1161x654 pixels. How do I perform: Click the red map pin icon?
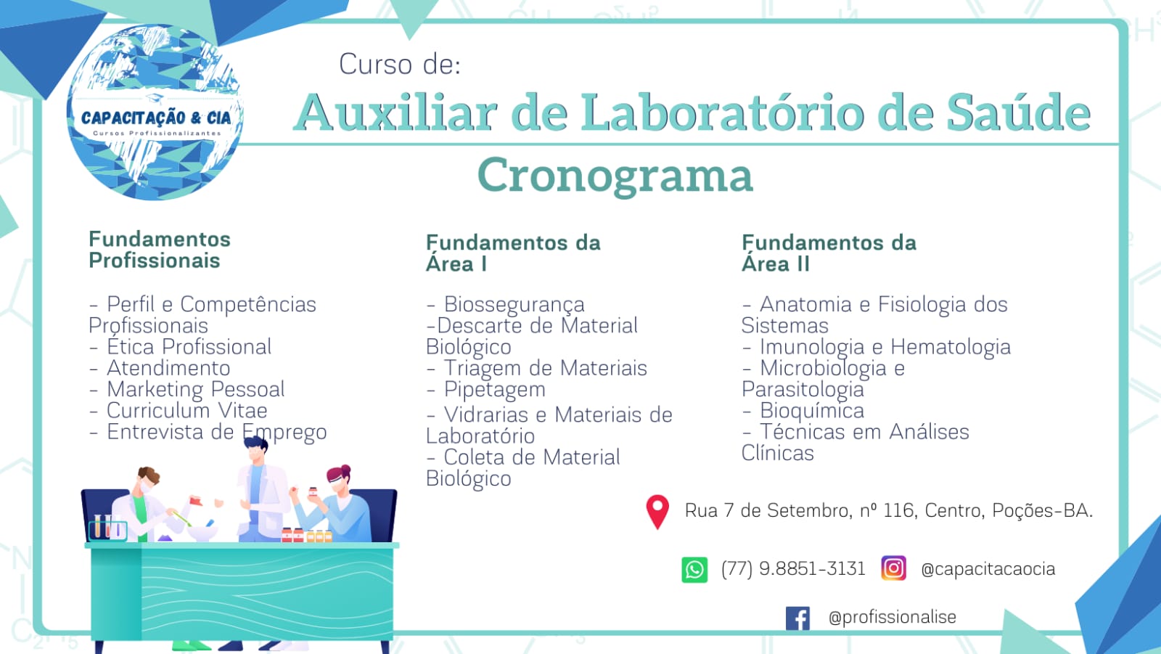pyautogui.click(x=657, y=512)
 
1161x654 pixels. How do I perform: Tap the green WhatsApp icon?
pyautogui.click(x=694, y=570)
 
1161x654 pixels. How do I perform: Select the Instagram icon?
pyautogui.click(x=893, y=568)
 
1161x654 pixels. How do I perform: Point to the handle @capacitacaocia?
pyautogui.click(x=988, y=570)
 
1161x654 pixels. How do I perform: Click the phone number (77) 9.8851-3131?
pyautogui.click(x=793, y=569)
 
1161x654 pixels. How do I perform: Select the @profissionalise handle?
pyautogui.click(x=892, y=617)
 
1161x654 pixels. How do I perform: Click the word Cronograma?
pyautogui.click(x=615, y=176)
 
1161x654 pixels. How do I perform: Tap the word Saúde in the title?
pyautogui.click(x=1019, y=113)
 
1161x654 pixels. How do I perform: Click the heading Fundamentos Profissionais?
pyautogui.click(x=160, y=250)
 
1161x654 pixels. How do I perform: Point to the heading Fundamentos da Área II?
pyautogui.click(x=829, y=253)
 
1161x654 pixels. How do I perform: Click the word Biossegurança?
pyautogui.click(x=514, y=305)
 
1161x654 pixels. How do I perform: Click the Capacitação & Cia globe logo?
pyautogui.click(x=155, y=113)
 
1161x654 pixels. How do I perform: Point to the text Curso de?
pyautogui.click(x=400, y=65)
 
